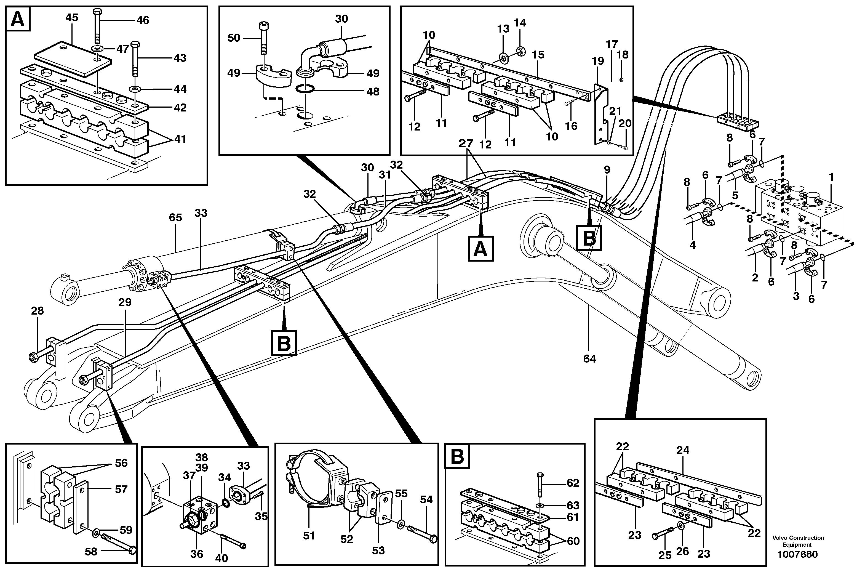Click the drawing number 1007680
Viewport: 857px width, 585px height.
tap(797, 554)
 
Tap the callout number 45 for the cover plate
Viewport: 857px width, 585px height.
tap(72, 18)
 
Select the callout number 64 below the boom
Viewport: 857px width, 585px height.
tap(589, 358)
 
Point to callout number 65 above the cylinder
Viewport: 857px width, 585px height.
tap(175, 218)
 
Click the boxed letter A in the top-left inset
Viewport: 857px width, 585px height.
tap(18, 20)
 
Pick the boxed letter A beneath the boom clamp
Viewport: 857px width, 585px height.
tap(480, 250)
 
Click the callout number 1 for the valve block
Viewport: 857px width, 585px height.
tap(831, 177)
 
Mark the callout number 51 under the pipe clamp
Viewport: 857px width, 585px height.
tap(309, 536)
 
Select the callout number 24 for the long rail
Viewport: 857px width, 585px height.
tap(683, 450)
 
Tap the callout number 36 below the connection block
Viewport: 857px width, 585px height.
tap(197, 554)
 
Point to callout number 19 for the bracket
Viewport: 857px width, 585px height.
tap(598, 61)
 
